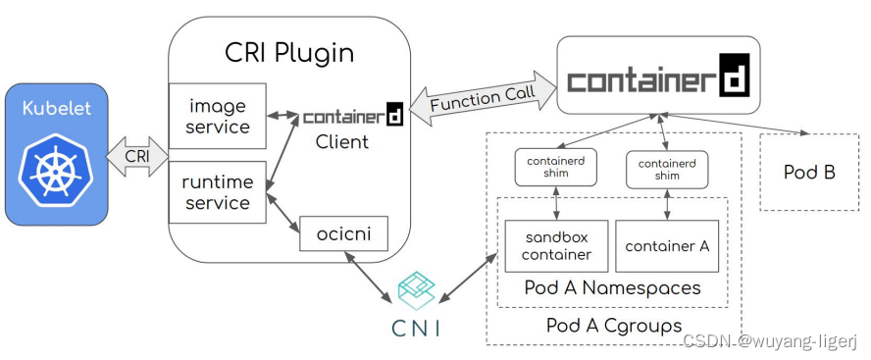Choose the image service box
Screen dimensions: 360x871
click(219, 116)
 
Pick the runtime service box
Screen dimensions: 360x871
click(218, 193)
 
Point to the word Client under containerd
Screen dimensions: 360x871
click(341, 143)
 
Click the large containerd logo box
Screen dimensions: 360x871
click(658, 75)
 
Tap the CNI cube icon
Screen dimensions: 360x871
click(415, 291)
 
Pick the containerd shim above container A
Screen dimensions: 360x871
click(667, 167)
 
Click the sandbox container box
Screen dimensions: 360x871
click(557, 245)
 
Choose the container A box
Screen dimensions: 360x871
click(667, 246)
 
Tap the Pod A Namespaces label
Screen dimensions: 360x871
click(612, 288)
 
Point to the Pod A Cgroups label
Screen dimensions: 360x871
click(613, 325)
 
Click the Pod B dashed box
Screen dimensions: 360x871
click(808, 173)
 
